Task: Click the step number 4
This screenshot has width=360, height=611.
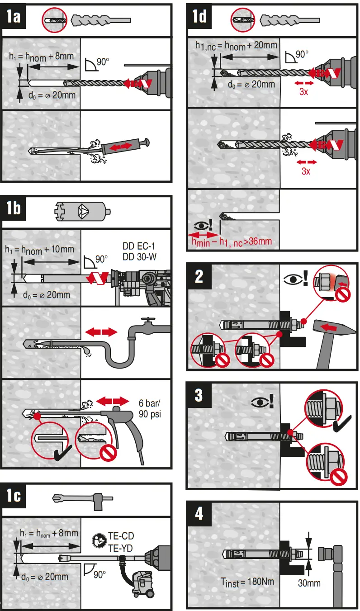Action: (x=199, y=514)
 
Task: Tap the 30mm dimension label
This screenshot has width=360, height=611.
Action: (x=309, y=583)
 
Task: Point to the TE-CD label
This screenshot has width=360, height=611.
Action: (x=121, y=536)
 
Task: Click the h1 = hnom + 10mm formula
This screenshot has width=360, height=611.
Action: (x=39, y=249)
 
